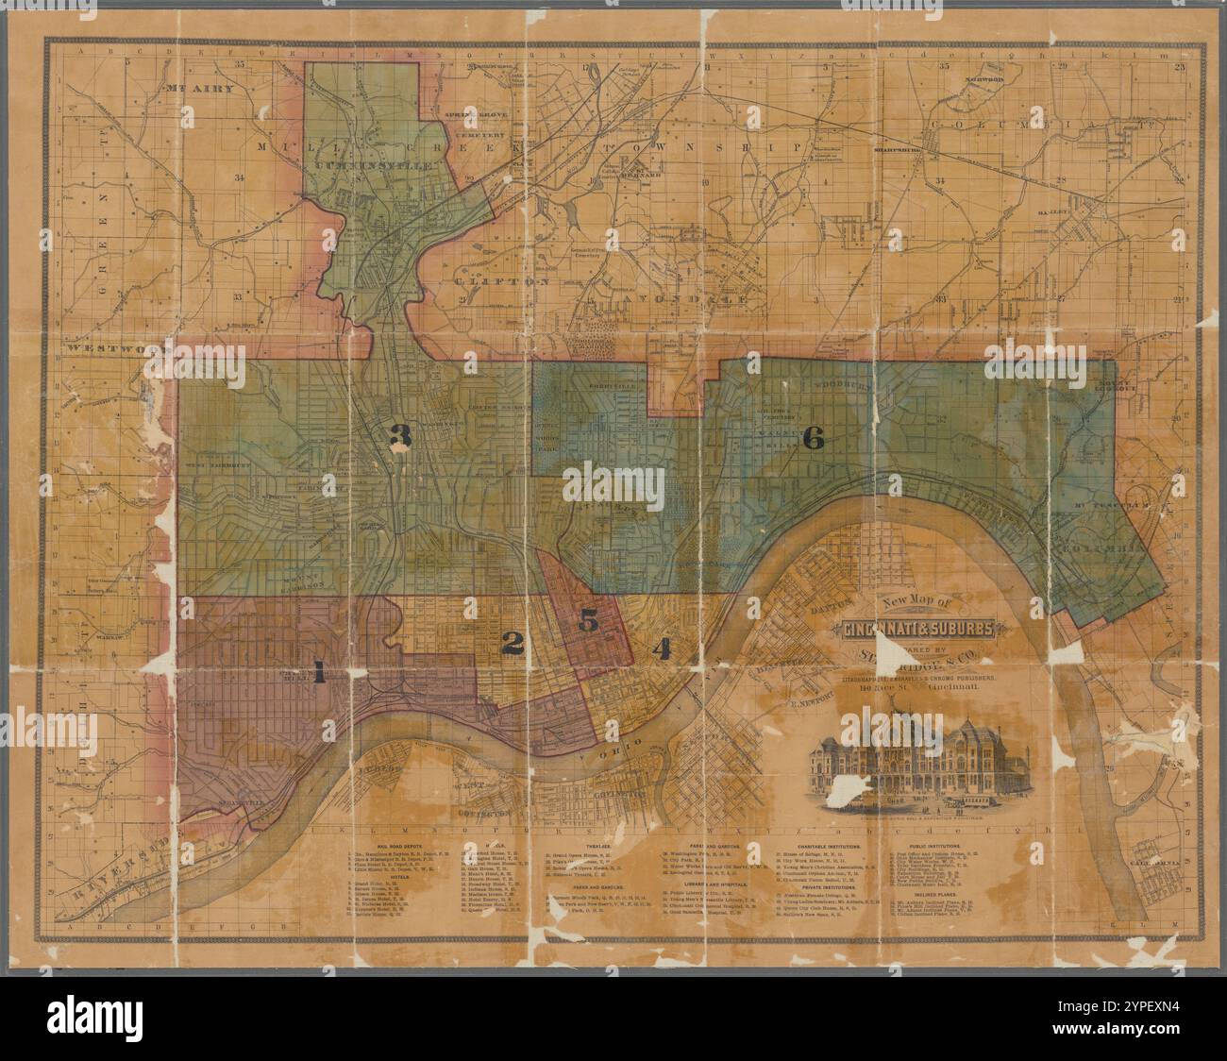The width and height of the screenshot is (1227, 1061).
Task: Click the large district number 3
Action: (402, 436)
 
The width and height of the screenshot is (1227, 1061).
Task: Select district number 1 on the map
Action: (319, 674)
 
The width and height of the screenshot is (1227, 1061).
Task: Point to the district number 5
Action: (588, 620)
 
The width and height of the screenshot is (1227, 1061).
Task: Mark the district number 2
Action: (512, 645)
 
